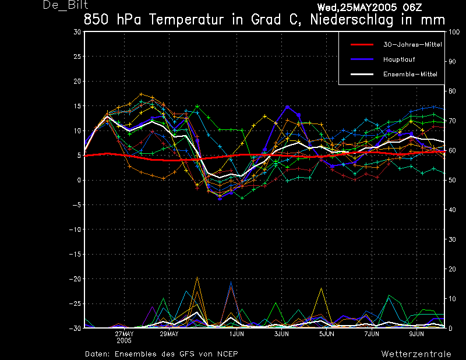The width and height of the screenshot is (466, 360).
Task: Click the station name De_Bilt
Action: click(66, 5)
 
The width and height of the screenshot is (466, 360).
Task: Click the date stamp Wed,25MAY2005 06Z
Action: click(369, 7)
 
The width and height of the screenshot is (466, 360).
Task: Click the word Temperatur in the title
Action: click(186, 20)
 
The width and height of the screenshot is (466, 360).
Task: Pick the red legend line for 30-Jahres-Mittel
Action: click(362, 45)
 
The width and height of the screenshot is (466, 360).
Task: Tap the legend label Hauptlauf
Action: click(399, 59)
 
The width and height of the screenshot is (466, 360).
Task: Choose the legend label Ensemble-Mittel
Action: click(410, 75)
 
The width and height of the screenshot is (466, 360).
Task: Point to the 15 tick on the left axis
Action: click(77, 106)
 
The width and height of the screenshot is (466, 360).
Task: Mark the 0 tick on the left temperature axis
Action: click(79, 180)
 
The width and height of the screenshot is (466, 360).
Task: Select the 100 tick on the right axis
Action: click(454, 32)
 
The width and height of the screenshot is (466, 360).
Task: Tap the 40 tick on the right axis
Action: click(452, 210)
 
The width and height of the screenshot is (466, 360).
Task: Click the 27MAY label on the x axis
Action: click(124, 334)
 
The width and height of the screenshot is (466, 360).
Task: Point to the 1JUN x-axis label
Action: click(236, 334)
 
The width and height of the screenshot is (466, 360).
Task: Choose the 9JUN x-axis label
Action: click(416, 334)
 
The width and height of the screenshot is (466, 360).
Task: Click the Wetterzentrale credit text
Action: click(416, 354)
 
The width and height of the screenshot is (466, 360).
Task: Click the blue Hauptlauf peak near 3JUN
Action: click(287, 107)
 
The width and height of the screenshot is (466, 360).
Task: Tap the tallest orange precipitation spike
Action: click(197, 277)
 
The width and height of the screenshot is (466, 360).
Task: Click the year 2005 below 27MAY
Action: click(124, 341)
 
